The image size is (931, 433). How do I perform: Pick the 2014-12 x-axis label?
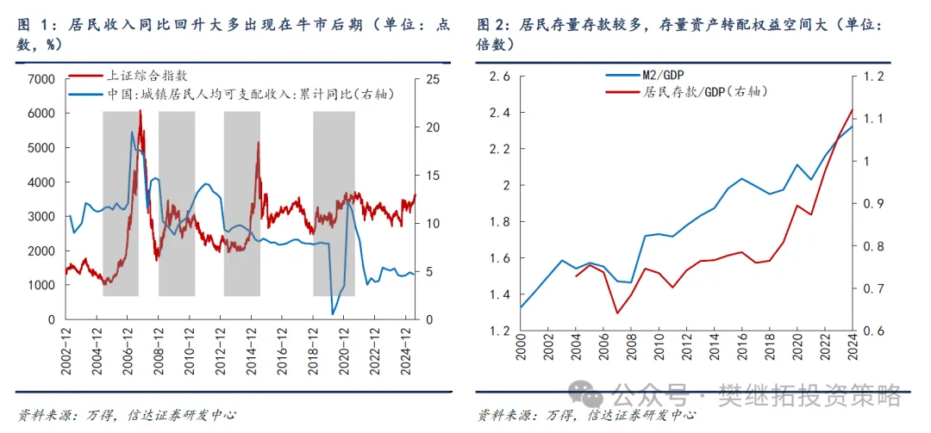tap(253, 349)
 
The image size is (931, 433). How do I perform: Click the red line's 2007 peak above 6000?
tap(140, 111)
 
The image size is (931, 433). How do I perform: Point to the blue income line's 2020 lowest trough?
tap(334, 314)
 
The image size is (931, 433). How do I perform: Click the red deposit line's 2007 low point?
tap(618, 312)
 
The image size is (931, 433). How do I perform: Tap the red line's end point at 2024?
tap(853, 109)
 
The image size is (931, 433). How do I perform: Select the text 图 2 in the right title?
tap(489, 25)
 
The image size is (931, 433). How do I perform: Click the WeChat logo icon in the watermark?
tap(591, 395)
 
